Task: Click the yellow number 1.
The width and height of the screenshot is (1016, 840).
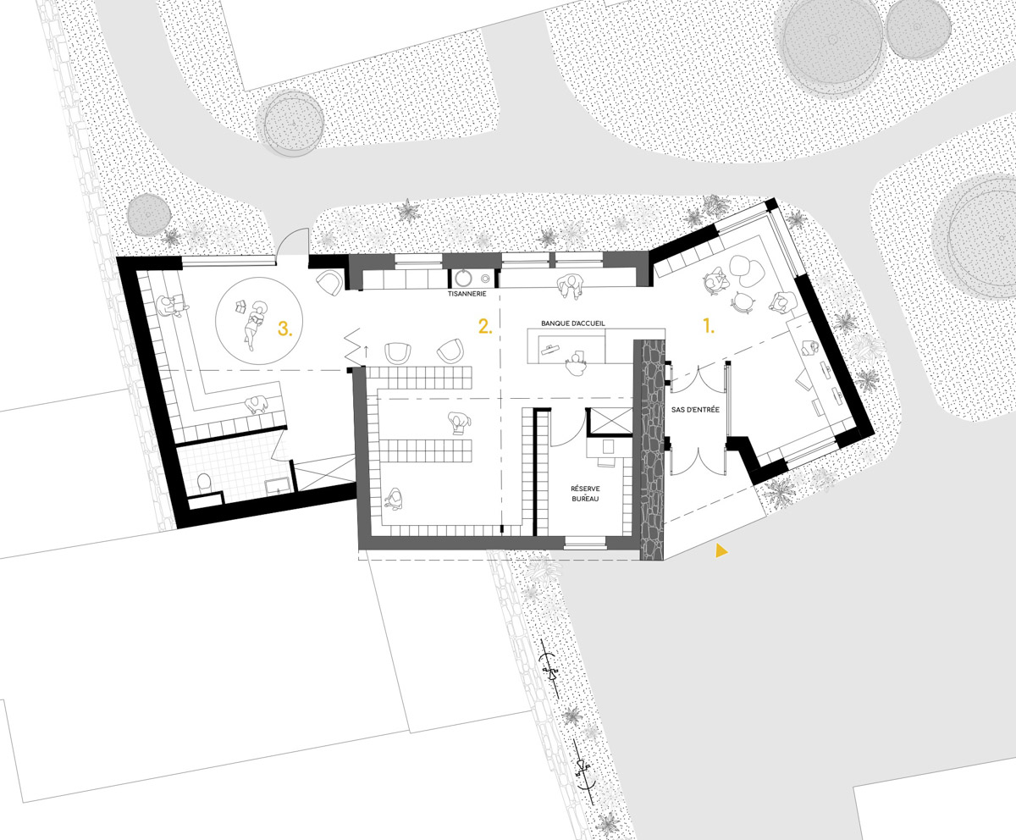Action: coord(709,325)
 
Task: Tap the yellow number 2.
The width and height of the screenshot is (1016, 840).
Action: coord(484,326)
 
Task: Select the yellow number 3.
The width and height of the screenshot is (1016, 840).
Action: coord(285,329)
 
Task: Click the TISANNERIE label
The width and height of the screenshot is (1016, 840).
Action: coord(467,294)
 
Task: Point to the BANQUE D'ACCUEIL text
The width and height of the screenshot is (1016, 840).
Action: coord(573,323)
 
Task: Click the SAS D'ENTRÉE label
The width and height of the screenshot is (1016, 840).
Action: coord(695,410)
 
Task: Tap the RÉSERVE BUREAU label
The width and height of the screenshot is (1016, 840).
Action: coord(585,494)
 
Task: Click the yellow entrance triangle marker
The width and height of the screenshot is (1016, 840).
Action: coord(721,551)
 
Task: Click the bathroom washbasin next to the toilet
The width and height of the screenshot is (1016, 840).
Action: coord(279,485)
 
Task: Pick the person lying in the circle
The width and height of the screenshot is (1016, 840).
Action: coord(255,323)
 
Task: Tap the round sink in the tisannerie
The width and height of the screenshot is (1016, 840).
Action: coord(463,279)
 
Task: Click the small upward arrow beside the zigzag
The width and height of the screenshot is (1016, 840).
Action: coord(366,351)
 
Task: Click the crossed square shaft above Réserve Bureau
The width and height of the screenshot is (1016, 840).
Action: coord(610,421)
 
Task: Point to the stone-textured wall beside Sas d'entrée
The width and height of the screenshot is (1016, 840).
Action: coord(652,450)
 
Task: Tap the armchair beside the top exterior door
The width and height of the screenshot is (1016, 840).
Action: coord(329,283)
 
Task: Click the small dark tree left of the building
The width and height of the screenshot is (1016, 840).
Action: coord(149,214)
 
